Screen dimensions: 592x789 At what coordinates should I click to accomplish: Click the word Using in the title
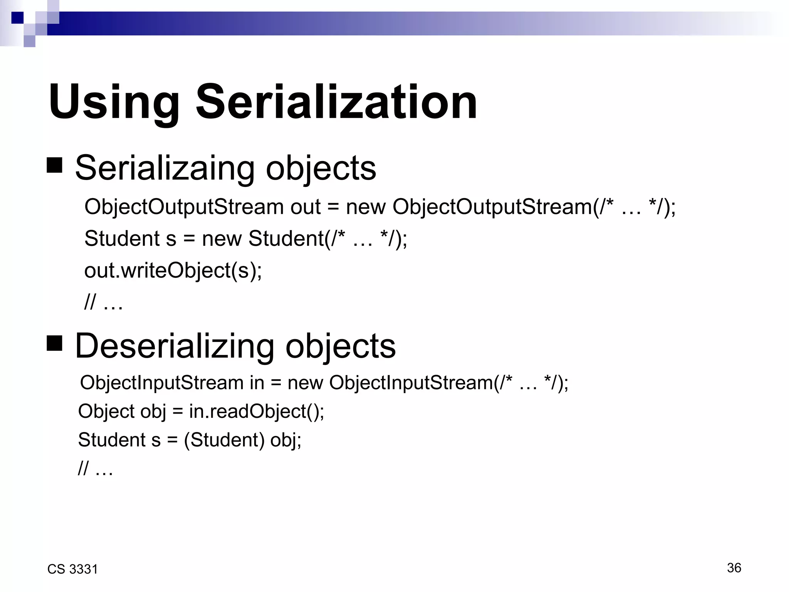click(114, 103)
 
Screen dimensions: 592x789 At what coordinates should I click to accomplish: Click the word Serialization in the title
click(336, 103)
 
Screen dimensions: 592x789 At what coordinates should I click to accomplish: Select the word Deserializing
click(175, 346)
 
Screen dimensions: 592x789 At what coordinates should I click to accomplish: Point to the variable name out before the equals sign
click(305, 207)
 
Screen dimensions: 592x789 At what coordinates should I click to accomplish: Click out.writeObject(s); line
click(173, 270)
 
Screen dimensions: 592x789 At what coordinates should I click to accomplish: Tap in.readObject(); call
click(256, 411)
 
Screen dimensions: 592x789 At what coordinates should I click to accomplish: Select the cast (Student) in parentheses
click(224, 440)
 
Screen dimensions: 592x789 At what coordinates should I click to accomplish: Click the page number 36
click(734, 568)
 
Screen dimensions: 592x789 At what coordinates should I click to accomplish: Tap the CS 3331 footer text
click(72, 569)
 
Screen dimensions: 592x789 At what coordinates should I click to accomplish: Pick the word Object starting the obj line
click(106, 411)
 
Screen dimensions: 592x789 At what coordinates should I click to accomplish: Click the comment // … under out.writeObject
click(103, 302)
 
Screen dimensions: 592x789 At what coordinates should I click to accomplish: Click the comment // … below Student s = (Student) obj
click(95, 469)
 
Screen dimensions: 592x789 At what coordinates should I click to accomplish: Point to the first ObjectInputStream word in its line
click(161, 383)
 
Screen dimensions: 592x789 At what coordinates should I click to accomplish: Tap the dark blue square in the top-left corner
click(17, 18)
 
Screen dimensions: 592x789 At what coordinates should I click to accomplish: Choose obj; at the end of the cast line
click(285, 440)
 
